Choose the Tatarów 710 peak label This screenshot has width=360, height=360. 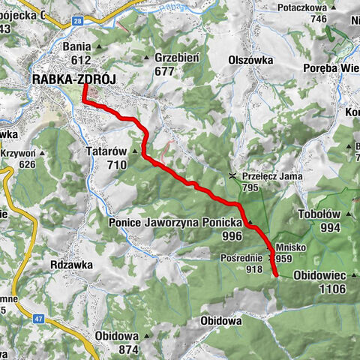pyautogui.click(x=111, y=157)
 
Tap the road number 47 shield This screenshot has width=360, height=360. pyautogui.click(x=37, y=319)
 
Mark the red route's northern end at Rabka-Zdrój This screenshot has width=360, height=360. pyautogui.click(x=84, y=85)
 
